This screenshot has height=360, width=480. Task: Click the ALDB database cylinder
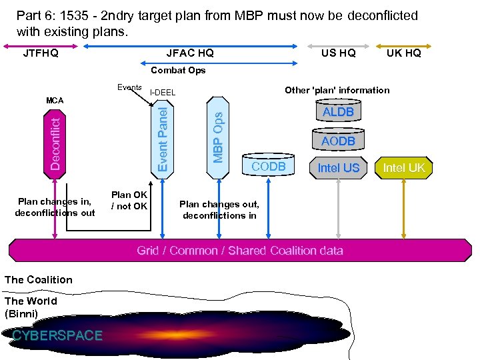(x=338, y=112)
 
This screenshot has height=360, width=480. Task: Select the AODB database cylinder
(x=338, y=141)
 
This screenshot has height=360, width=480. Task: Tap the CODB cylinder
(x=268, y=166)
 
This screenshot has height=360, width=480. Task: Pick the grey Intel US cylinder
(x=338, y=168)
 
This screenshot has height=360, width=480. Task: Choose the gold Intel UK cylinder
(x=403, y=167)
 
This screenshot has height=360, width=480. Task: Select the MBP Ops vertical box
(x=217, y=137)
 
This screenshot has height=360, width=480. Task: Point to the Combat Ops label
(x=178, y=70)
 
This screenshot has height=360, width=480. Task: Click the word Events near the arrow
(x=129, y=87)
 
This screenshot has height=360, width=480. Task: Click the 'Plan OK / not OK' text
(x=129, y=201)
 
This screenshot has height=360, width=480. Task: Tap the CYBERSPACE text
(x=57, y=335)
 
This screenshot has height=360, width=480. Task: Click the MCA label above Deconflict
(x=55, y=101)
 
